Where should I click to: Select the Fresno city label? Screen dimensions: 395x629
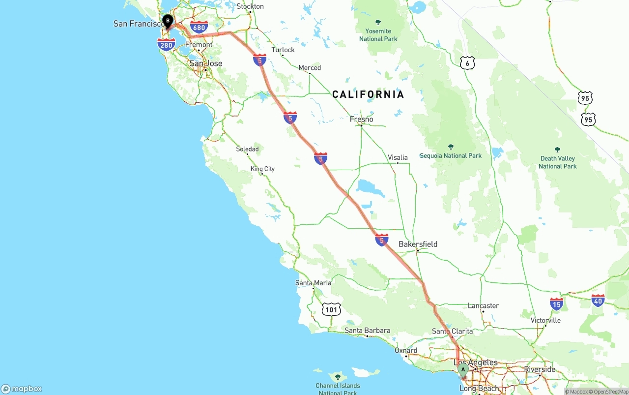click(x=361, y=119)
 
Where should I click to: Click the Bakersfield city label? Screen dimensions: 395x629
click(x=418, y=244)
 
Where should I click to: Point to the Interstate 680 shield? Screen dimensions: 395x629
click(x=199, y=27)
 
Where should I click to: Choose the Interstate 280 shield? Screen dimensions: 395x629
click(x=167, y=45)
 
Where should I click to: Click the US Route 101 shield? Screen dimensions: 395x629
click(x=332, y=309)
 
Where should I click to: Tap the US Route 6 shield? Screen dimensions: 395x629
click(x=467, y=62)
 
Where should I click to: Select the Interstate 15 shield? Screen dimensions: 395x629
click(x=556, y=304)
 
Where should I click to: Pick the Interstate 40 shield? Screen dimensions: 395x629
click(x=598, y=300)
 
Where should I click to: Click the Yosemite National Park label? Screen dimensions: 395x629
click(x=378, y=34)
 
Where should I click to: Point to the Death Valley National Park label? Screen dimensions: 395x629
click(x=557, y=162)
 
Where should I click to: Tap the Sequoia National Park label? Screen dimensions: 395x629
click(x=451, y=155)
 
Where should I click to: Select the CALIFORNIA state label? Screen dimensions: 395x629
click(x=368, y=94)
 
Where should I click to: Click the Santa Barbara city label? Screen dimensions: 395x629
click(x=367, y=331)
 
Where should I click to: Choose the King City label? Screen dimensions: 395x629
click(x=262, y=169)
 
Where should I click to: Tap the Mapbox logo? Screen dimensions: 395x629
click(x=22, y=389)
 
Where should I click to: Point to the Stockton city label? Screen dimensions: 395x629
click(x=250, y=6)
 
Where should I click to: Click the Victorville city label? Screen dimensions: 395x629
click(x=545, y=320)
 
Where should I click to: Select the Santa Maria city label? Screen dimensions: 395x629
click(x=313, y=283)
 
